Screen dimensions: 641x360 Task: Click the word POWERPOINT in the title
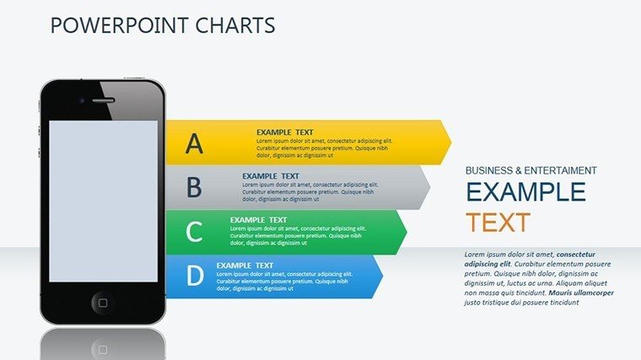tap(120, 25)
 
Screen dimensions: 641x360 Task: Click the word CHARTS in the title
tap(235, 25)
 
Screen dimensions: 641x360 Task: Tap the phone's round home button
tap(103, 303)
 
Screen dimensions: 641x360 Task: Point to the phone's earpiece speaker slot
tap(103, 100)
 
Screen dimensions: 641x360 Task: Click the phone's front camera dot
tap(82, 100)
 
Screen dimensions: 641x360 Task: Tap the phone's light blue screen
tap(104, 201)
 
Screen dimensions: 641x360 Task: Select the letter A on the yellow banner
tap(194, 143)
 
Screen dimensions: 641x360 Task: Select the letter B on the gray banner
tap(194, 187)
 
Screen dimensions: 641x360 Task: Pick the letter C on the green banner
tap(194, 231)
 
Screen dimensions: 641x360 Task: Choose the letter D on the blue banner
tap(195, 275)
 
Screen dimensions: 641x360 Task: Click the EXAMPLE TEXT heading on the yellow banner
tap(285, 132)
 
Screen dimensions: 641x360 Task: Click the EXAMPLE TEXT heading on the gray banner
tap(271, 176)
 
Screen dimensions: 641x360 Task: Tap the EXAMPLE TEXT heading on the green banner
tap(258, 220)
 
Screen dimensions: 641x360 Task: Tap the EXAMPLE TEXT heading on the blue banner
tap(245, 266)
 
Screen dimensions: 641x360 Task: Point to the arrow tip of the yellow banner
tap(452, 142)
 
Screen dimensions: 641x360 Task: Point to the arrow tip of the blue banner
tap(383, 277)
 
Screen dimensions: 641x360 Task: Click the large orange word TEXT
tap(498, 223)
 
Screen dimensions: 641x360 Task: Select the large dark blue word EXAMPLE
tap(526, 191)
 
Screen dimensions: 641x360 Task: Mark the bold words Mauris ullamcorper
tap(581, 293)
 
